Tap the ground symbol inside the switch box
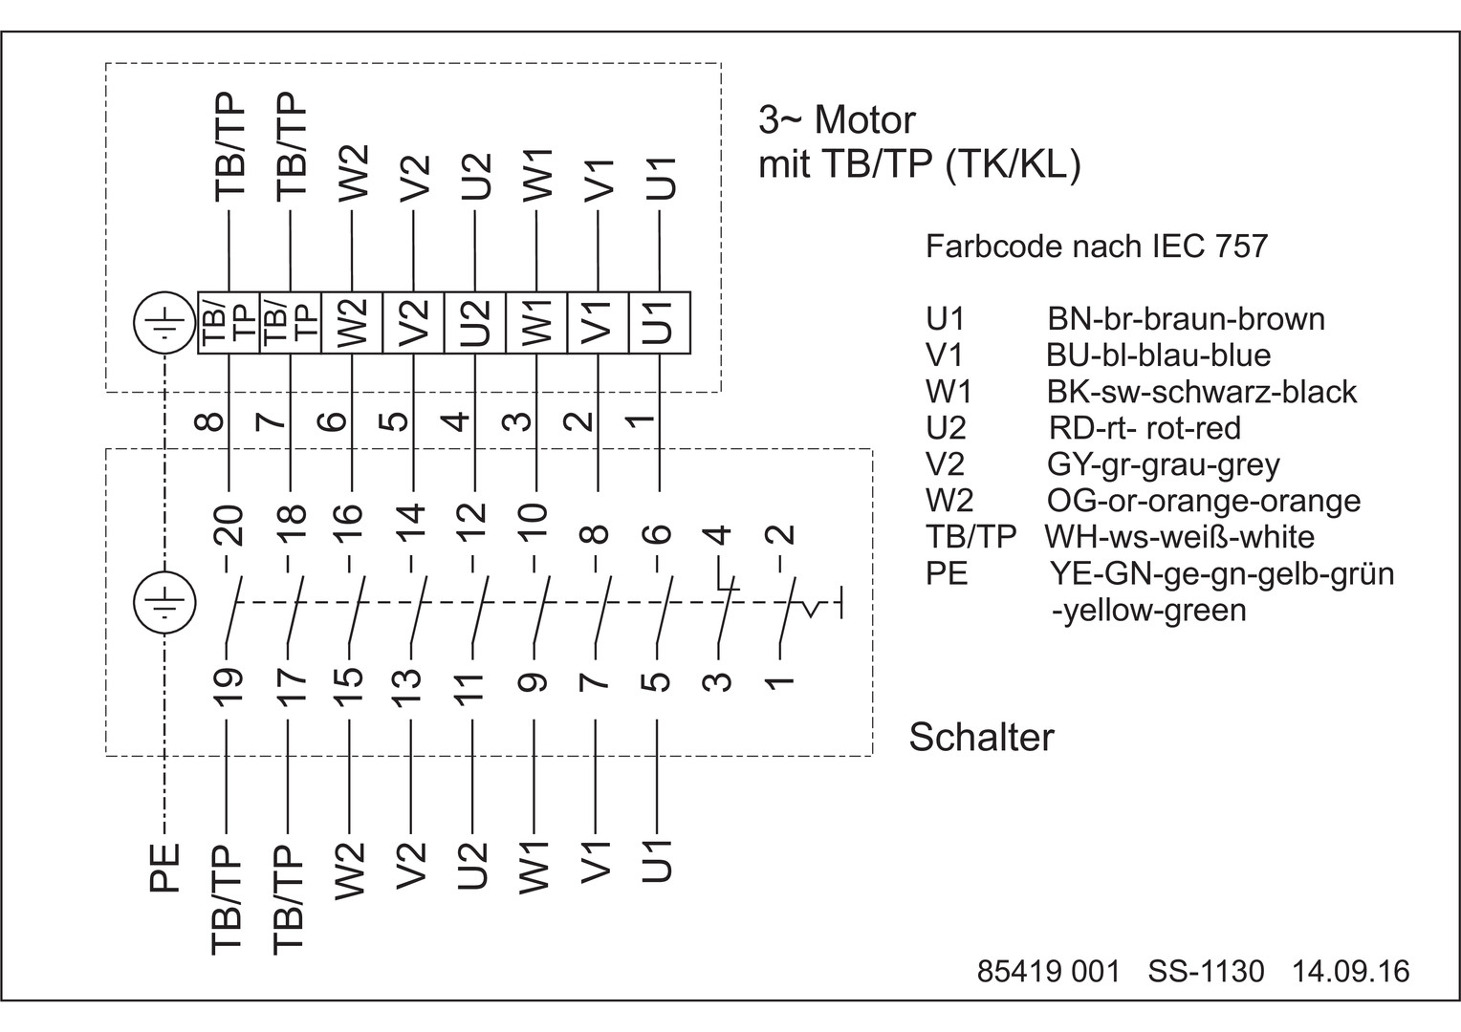point(164,603)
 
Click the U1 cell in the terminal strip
point(659,323)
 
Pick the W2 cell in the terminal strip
point(352,323)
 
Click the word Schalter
point(981,737)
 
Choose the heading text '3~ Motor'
point(837,120)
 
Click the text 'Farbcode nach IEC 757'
point(1096,247)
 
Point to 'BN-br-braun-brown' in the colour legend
point(1186,318)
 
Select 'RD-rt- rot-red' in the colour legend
point(1145,427)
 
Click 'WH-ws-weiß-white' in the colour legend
point(1179,536)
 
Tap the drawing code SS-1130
point(1206,972)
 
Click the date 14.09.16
point(1351,972)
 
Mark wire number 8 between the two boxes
point(213,420)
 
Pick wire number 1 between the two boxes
point(643,420)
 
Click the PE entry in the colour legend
point(947,573)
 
